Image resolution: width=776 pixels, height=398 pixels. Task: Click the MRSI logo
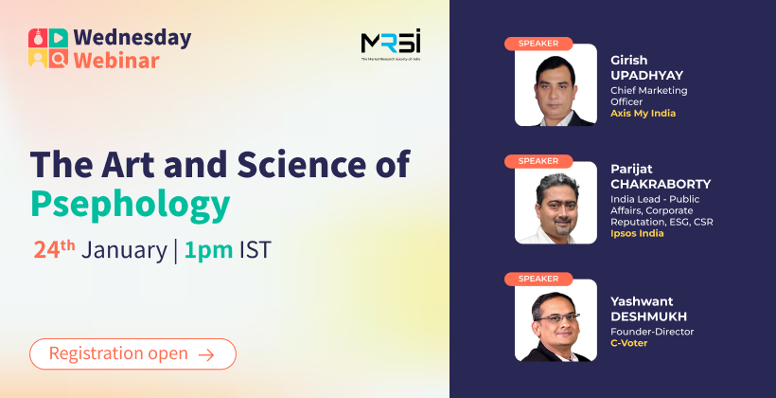(x=391, y=45)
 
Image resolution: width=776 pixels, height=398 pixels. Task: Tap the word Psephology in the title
(x=131, y=204)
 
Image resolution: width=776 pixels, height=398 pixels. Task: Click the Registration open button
(x=132, y=353)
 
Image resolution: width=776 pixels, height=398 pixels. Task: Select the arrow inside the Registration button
(x=206, y=354)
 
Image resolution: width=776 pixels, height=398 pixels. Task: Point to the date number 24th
(x=55, y=249)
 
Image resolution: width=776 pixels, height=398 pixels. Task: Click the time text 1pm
(x=208, y=250)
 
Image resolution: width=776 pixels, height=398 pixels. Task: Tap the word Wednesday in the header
(x=132, y=38)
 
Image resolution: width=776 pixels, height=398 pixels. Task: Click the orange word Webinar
(x=116, y=61)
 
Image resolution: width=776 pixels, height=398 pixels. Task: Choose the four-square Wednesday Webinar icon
(x=48, y=48)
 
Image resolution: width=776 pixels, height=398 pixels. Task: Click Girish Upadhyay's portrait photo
(x=556, y=84)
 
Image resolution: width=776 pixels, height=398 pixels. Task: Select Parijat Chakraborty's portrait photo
(x=556, y=203)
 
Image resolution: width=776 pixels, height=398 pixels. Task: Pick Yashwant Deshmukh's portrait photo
(x=556, y=320)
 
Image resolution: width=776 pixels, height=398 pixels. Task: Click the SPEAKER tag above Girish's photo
(x=538, y=44)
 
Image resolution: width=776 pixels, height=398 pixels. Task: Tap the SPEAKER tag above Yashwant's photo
(x=538, y=279)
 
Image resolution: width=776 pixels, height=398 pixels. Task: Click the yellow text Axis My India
(x=643, y=114)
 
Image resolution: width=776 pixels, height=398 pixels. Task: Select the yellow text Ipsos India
(x=637, y=233)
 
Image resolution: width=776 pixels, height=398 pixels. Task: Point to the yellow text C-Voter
(x=628, y=343)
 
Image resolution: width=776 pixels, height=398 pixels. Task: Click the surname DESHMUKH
(x=649, y=317)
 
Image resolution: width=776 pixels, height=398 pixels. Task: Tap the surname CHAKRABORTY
(x=661, y=185)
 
